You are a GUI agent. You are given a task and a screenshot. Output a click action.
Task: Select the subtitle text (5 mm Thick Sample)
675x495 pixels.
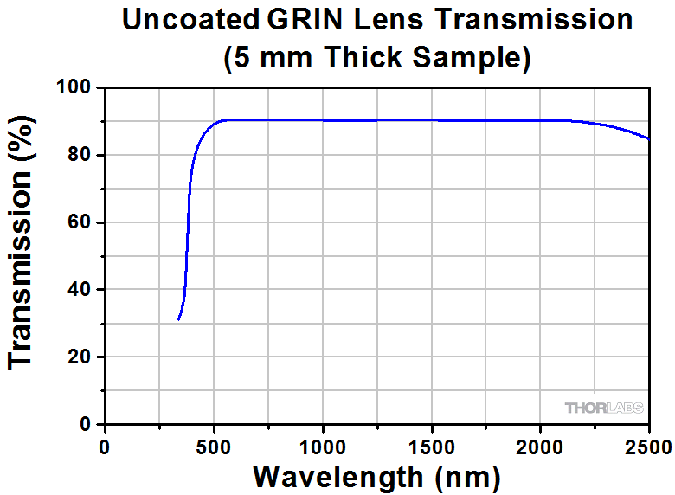coord(376,57)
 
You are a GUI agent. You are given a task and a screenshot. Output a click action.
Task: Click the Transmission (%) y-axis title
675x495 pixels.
coord(23,256)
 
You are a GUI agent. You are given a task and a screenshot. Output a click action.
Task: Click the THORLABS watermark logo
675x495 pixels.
coord(603,408)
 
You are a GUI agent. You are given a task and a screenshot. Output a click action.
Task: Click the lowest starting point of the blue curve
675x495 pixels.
coord(178,319)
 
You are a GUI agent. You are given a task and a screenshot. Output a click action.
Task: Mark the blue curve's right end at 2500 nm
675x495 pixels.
coord(648,138)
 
